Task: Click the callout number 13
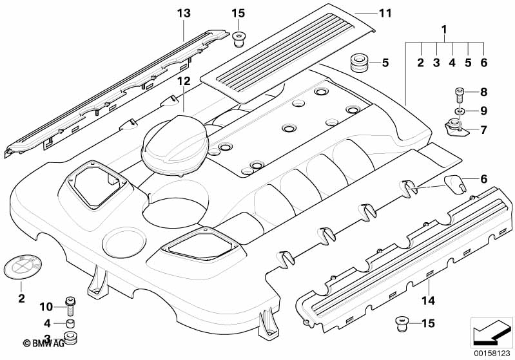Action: pyautogui.click(x=184, y=12)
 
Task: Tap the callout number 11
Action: pyautogui.click(x=385, y=12)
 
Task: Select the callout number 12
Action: pyautogui.click(x=184, y=81)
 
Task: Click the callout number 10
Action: pyautogui.click(x=46, y=305)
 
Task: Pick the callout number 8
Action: pyautogui.click(x=483, y=91)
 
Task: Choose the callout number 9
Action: pyautogui.click(x=483, y=110)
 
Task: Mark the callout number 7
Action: pyautogui.click(x=483, y=130)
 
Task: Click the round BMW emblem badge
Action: pyautogui.click(x=21, y=267)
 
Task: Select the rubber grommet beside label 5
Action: pyautogui.click(x=358, y=63)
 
